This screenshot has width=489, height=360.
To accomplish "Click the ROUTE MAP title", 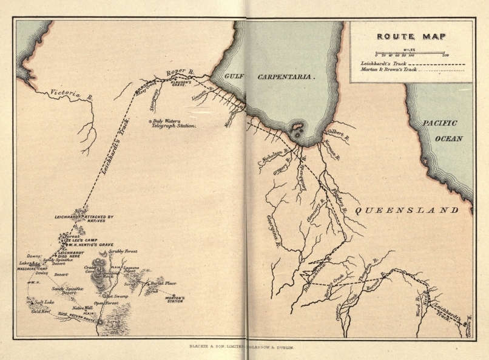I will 411,36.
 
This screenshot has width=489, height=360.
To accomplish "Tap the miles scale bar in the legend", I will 411,53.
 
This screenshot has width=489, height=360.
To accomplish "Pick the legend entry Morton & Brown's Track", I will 388,69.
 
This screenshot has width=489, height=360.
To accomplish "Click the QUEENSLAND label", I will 406,210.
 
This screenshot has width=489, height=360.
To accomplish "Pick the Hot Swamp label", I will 116,296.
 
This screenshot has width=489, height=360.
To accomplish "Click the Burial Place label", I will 161,284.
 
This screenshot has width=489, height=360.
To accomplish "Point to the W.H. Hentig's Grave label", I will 90,245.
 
